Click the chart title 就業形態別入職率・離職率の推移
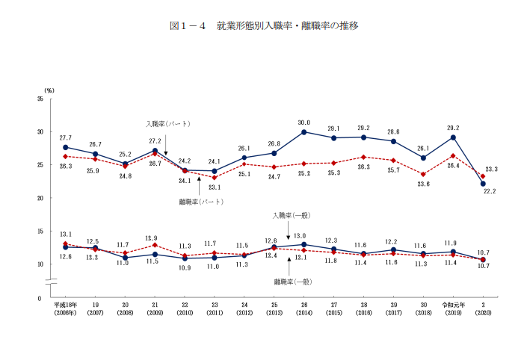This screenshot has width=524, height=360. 264,26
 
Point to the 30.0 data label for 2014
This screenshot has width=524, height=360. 304,122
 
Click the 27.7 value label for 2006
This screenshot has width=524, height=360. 66,137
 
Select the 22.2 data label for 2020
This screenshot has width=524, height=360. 490,191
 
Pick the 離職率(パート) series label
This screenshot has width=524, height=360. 201,201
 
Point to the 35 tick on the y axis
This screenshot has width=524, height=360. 39,99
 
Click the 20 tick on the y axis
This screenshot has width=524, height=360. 39,198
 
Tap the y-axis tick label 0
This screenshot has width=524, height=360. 41,297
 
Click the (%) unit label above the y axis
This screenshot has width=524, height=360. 49,90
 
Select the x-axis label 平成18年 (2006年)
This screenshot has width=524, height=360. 65,310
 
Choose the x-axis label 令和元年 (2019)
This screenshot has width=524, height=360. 453,310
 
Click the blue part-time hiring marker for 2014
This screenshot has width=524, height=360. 304,132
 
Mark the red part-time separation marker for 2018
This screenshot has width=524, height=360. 423,174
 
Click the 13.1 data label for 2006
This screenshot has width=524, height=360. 66,234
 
